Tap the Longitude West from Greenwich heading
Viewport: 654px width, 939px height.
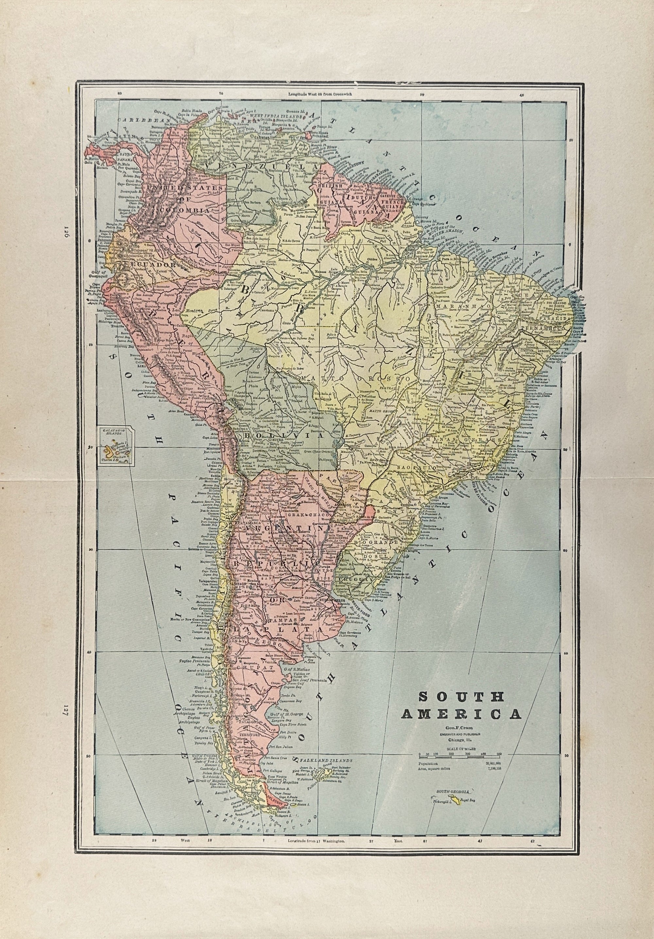320,94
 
